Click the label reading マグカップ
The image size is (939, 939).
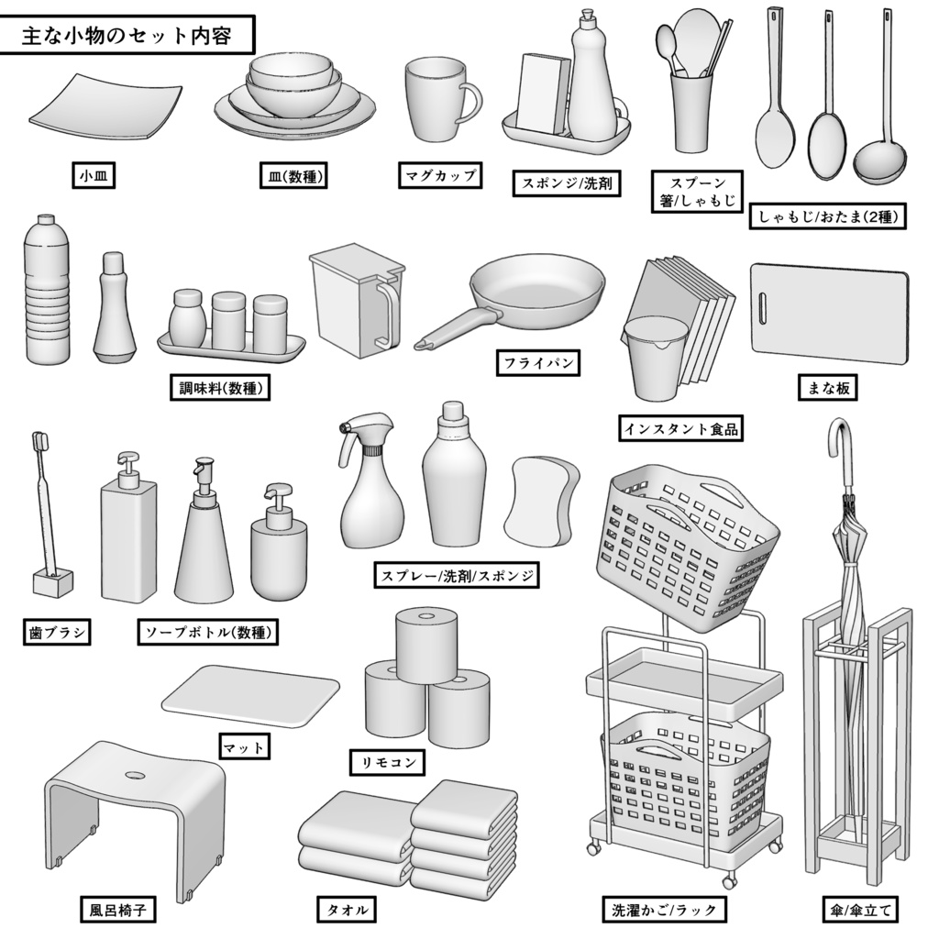point(440,175)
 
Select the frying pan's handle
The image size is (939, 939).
point(455,329)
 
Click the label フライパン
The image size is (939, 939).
point(538,363)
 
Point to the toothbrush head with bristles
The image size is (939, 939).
point(39,443)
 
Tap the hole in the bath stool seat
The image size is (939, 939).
point(135,775)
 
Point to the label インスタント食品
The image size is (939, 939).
point(680,428)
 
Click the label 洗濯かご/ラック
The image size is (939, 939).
point(665,910)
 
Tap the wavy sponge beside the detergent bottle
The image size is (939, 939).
point(542,499)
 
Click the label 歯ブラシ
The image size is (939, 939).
point(56,632)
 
